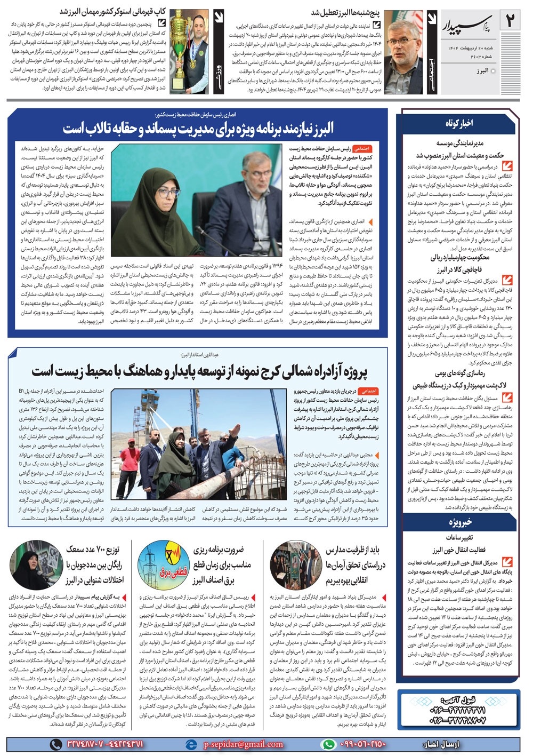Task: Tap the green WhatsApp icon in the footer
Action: [x=328, y=744]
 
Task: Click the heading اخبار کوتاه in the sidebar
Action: [x=459, y=123]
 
